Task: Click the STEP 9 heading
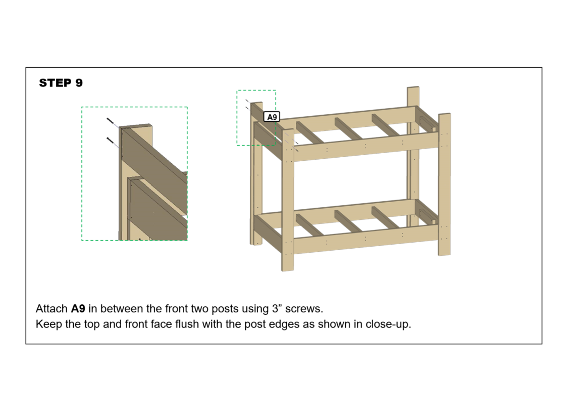click(x=61, y=83)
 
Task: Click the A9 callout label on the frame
click(x=272, y=117)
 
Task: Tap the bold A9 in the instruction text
click(x=78, y=308)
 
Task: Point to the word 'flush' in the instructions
click(x=190, y=324)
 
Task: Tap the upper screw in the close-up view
click(x=111, y=121)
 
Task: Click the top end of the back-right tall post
click(x=413, y=89)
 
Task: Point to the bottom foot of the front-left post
click(x=287, y=268)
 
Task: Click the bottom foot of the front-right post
click(x=444, y=252)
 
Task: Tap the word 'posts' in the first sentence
click(x=220, y=308)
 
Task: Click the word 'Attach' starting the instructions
click(x=51, y=308)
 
